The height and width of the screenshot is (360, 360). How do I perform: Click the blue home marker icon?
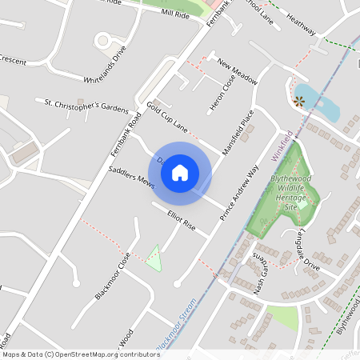click(180, 173)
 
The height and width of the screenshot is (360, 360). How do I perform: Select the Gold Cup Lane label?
click(167, 117)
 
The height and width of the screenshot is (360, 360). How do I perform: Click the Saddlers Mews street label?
click(133, 178)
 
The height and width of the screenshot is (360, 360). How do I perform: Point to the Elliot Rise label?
click(181, 220)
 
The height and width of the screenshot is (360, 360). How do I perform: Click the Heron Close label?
click(216, 94)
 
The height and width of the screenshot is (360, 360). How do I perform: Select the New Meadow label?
click(238, 72)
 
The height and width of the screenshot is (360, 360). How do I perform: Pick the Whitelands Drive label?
click(106, 65)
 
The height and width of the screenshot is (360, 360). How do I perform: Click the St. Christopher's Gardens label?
click(86, 106)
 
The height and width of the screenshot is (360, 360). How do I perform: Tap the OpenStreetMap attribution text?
click(81, 354)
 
